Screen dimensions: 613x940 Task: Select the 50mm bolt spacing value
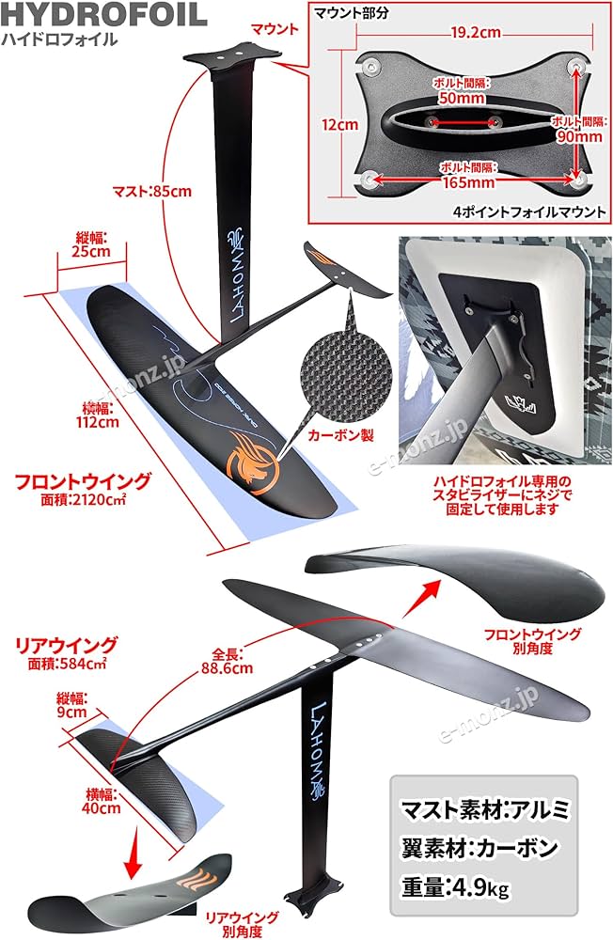(463, 99)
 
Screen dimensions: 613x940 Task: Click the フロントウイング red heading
(83, 482)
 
